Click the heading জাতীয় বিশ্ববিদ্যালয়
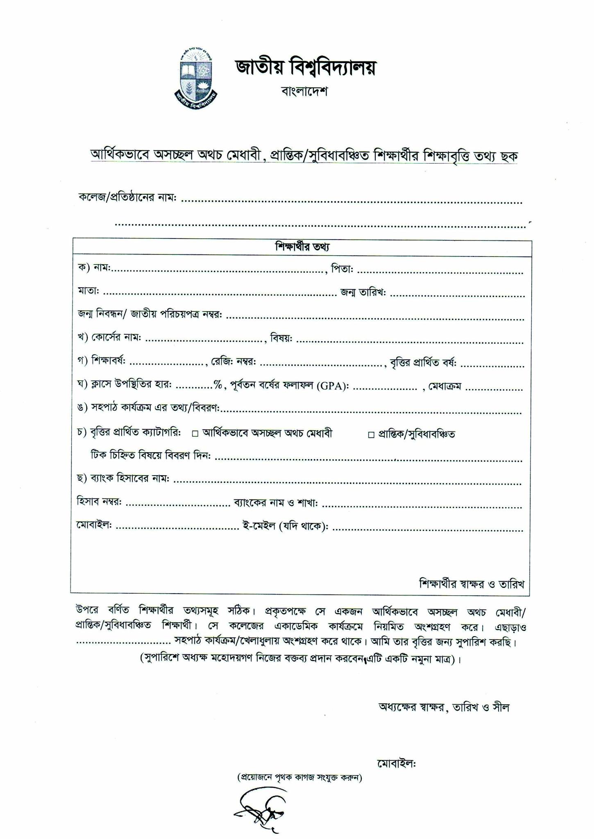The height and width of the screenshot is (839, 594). pyautogui.click(x=305, y=68)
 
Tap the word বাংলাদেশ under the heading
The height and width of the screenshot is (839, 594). pyautogui.click(x=304, y=91)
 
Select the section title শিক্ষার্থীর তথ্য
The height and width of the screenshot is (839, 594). pyautogui.click(x=302, y=247)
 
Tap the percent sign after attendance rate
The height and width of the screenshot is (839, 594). pyautogui.click(x=218, y=385)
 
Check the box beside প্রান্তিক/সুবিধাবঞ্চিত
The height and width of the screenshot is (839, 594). pyautogui.click(x=371, y=435)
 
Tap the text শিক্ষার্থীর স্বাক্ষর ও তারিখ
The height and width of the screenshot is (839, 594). pyautogui.click(x=472, y=583)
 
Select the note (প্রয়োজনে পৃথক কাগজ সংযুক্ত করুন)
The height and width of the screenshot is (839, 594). pyautogui.click(x=299, y=777)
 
